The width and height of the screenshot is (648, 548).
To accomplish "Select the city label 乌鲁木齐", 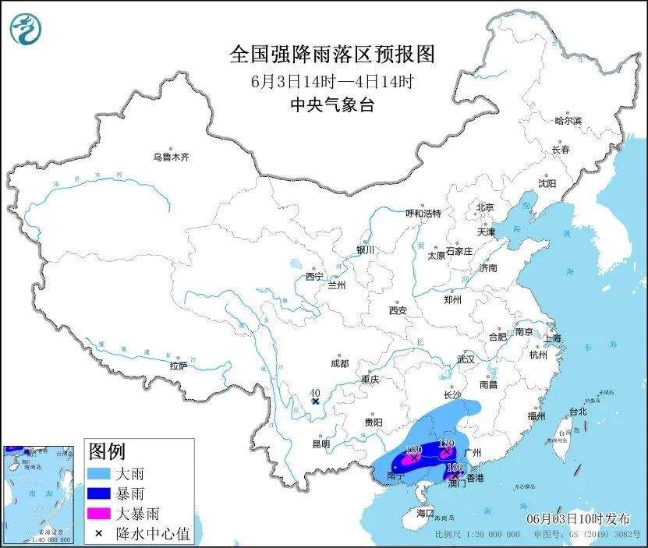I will (170, 157).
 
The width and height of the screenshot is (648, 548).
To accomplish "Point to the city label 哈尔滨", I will (568, 121).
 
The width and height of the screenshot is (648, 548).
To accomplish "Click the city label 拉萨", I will (178, 365).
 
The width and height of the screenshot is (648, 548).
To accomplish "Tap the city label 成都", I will (339, 363).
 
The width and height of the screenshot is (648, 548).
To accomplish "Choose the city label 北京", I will (485, 207).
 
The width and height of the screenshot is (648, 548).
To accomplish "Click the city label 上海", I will (552, 338).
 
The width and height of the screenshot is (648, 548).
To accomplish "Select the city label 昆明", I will (321, 444).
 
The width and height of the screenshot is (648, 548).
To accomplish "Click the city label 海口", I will (424, 513).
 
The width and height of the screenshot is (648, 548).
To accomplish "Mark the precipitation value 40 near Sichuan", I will (316, 393).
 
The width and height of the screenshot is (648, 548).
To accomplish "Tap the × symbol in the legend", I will (100, 534).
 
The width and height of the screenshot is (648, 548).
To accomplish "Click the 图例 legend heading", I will (107, 451).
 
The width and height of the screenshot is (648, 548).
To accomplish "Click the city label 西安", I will (398, 310).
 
